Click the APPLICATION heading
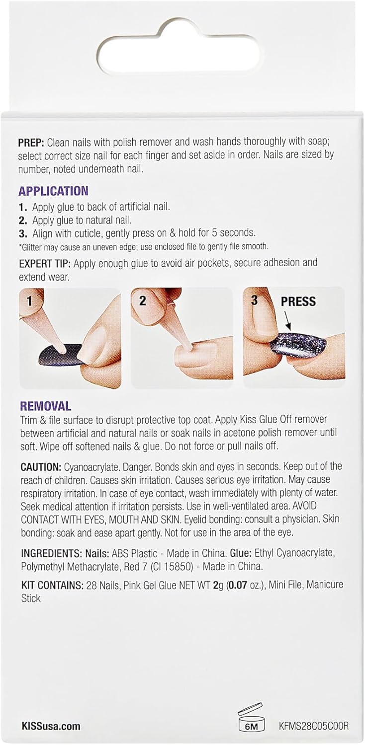[x=53, y=191]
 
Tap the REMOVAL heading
[x=45, y=406]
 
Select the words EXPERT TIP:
[x=46, y=262]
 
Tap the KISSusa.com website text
[x=51, y=726]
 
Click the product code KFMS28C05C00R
[x=314, y=726]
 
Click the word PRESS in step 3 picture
[x=298, y=301]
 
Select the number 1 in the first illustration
[x=29, y=300]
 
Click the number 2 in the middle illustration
[x=143, y=300]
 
